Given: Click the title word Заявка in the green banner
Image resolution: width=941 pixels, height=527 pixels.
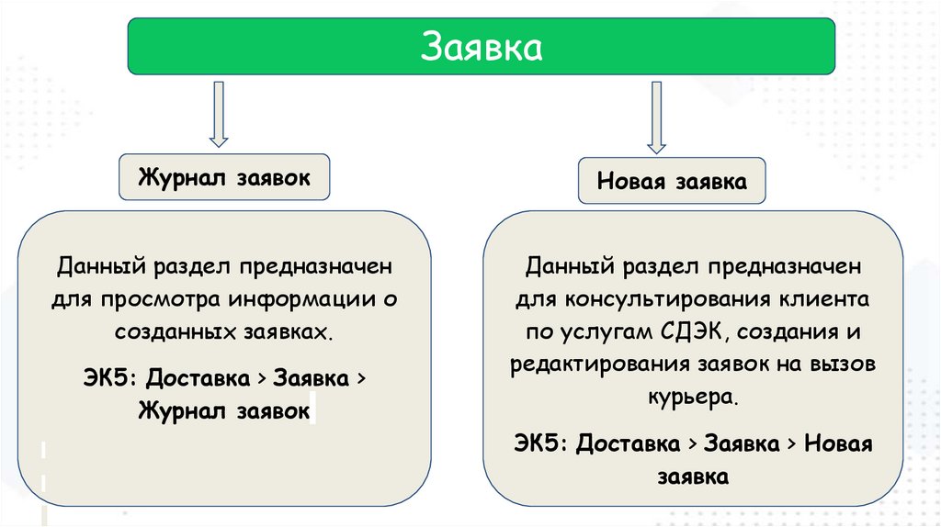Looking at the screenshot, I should point(482,46).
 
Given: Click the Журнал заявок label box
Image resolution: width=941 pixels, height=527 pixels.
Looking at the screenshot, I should point(224,176).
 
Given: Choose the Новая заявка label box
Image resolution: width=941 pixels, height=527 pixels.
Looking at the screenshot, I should point(672,181).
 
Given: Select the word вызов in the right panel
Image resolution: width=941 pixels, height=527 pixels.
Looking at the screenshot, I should point(845,364).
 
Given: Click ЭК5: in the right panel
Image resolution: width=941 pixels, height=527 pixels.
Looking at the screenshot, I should point(543,443).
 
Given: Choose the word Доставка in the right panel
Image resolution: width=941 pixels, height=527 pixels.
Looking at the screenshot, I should point(629,443).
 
